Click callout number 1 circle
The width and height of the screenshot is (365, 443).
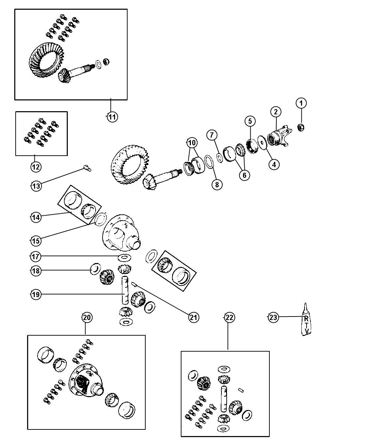tap(301, 103)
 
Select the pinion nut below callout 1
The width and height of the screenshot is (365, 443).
tap(301, 127)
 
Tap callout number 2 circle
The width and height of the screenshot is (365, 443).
tap(276, 112)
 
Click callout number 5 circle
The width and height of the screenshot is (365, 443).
tap(250, 121)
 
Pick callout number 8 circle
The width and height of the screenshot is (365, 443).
tap(217, 184)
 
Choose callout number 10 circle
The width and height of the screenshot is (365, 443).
tap(192, 143)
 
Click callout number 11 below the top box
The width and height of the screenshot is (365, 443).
tap(112, 117)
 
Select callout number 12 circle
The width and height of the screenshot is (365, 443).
tap(36, 167)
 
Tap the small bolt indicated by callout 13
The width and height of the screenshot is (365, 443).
tap(87, 168)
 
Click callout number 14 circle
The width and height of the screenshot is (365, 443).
tap(36, 217)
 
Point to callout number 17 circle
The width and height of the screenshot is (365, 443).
tap(35, 256)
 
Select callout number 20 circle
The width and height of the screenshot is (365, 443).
tap(87, 318)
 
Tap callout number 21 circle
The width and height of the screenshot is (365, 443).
tap(193, 318)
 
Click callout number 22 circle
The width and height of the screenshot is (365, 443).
tap(229, 318)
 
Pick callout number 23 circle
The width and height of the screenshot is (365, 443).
tap(273, 318)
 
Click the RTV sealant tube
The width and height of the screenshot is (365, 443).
tap(306, 320)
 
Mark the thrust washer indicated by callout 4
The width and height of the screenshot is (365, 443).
tap(262, 142)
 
